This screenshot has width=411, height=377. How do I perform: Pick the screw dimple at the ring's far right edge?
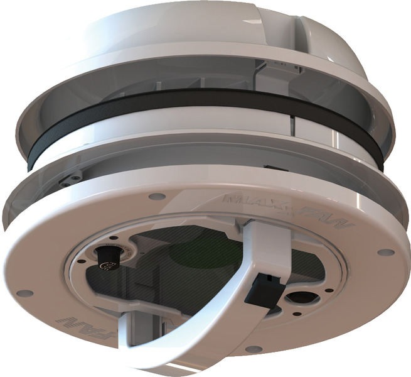point(386,253)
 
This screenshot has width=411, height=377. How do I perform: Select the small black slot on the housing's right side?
point(272,168)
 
